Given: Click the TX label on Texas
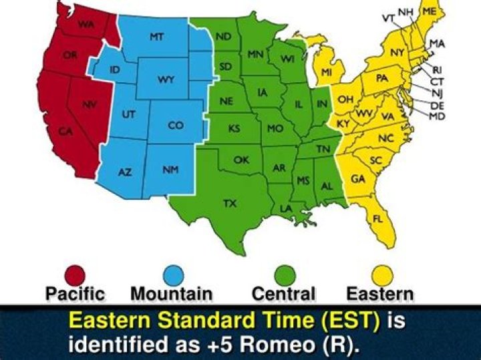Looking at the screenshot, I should [x=229, y=203].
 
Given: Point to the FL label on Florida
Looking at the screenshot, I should [x=378, y=218].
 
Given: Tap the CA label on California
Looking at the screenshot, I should [x=65, y=132].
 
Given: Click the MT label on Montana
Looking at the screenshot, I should [x=156, y=37].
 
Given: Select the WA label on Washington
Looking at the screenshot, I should [x=86, y=25].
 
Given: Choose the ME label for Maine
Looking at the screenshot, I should [x=430, y=12].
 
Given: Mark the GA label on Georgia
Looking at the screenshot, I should [x=358, y=179].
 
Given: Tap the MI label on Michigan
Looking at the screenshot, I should [x=327, y=71].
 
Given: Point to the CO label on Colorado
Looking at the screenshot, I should [x=175, y=125].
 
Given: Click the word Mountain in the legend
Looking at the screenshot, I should [x=171, y=294].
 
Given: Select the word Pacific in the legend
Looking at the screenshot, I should [x=75, y=294].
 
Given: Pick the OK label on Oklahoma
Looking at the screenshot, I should [x=241, y=160].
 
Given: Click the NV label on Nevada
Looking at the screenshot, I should [x=89, y=105].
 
